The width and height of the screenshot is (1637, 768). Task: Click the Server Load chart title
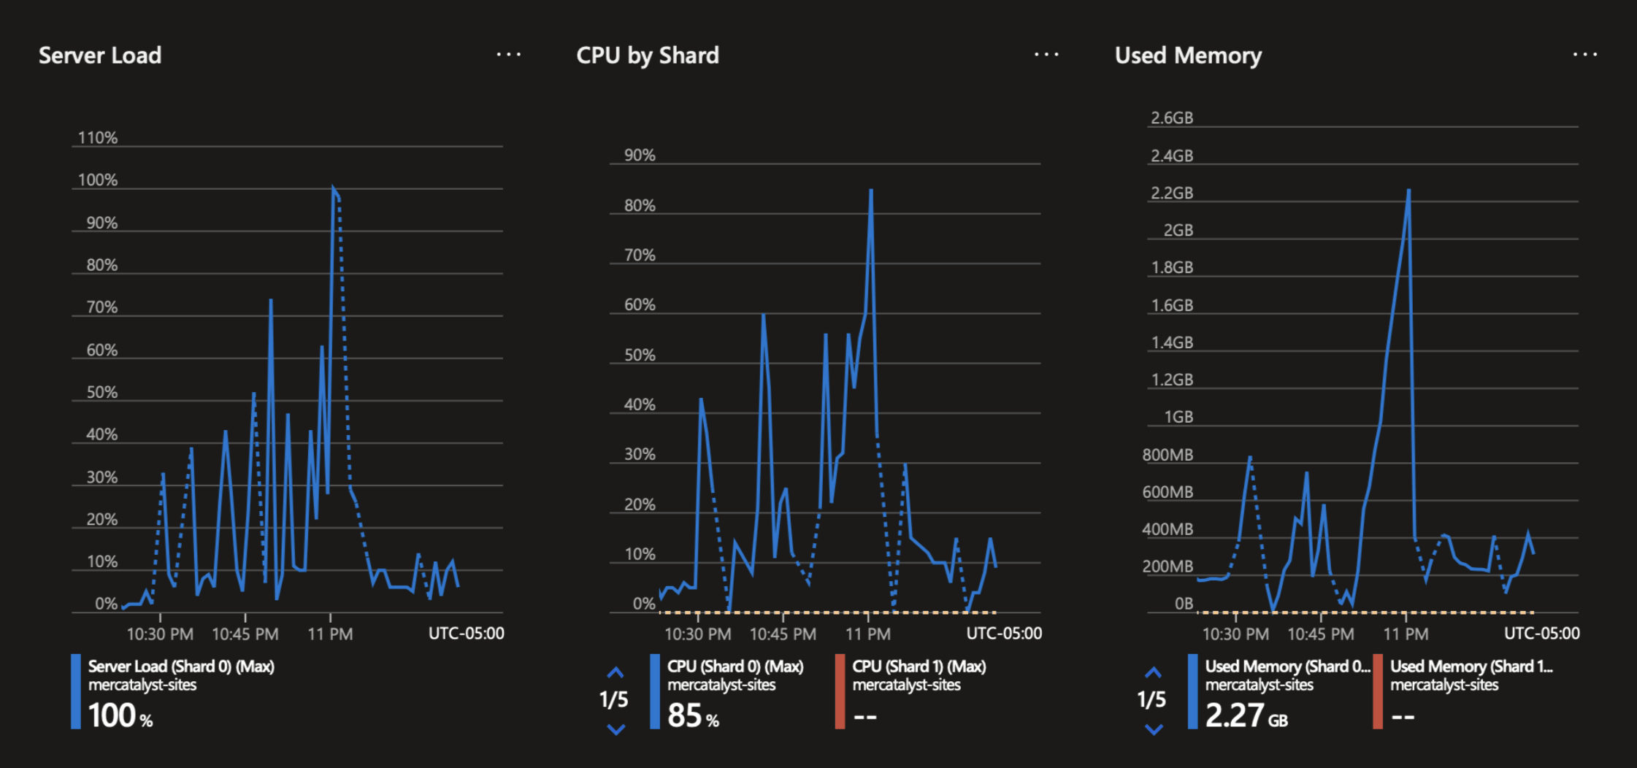(100, 55)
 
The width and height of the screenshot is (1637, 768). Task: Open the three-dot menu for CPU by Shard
(1046, 55)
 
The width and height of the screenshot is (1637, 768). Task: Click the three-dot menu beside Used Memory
(1584, 55)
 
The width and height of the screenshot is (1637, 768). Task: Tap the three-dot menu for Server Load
(508, 55)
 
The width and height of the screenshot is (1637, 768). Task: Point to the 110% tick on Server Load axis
(98, 138)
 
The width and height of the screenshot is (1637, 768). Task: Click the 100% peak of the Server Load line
(333, 188)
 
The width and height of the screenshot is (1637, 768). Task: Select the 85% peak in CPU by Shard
(871, 191)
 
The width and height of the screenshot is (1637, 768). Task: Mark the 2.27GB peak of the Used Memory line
(1408, 191)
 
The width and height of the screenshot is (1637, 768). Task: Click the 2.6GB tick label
(1172, 118)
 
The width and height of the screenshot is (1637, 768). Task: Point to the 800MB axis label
(1168, 455)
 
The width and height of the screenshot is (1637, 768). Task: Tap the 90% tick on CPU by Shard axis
(640, 155)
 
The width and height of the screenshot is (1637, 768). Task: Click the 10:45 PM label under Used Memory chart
(1320, 634)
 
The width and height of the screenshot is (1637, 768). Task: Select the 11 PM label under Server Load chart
(330, 634)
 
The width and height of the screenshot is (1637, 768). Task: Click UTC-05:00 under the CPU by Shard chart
(1004, 633)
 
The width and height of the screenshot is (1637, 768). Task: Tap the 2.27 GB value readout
(1246, 715)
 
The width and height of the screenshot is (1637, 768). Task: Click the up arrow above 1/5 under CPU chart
(616, 672)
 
